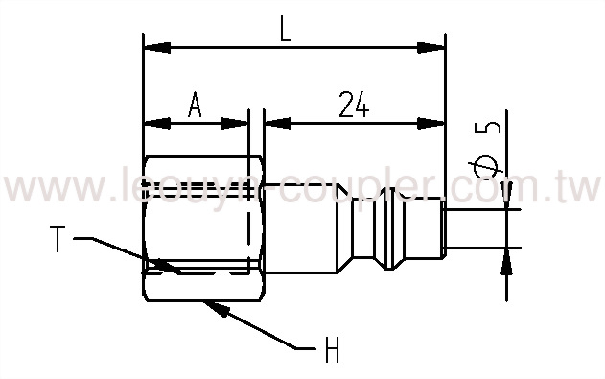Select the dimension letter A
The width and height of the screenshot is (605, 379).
[195, 105]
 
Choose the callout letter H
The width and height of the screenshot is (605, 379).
[332, 351]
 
